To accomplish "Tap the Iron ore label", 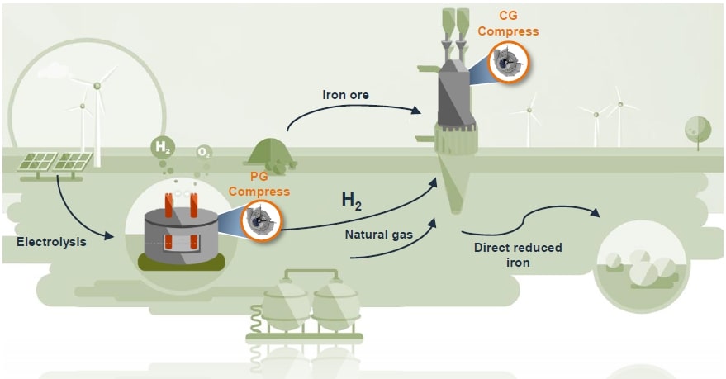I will [345, 95].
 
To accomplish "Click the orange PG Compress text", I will [259, 185].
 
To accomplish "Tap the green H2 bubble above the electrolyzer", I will [163, 149].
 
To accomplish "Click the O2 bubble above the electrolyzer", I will [203, 153].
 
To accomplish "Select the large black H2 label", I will [352, 201].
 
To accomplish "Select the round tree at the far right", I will [697, 129].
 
